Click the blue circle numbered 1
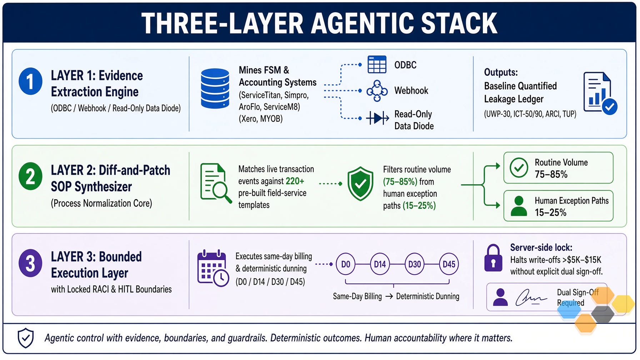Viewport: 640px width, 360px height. [30, 81]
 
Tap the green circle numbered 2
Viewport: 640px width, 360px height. [30, 176]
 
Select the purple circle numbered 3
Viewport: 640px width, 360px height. [30, 263]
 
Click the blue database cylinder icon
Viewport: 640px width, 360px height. [215, 88]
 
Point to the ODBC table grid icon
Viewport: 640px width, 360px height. [377, 65]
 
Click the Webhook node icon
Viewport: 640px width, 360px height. [377, 91]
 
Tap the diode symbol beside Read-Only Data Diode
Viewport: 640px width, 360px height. [377, 118]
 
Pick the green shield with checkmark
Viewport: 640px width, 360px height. [360, 184]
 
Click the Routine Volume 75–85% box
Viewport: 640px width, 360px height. [558, 168]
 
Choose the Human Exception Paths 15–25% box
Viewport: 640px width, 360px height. [558, 206]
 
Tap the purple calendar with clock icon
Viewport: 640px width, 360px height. [213, 269]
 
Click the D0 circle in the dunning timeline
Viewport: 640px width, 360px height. [346, 264]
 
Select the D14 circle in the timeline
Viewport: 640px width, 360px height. [380, 264]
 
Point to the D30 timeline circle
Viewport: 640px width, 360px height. [414, 264]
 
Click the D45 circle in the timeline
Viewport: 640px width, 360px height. [449, 264]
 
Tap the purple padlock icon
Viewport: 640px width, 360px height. [493, 258]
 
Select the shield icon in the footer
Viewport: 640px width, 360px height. [26, 338]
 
